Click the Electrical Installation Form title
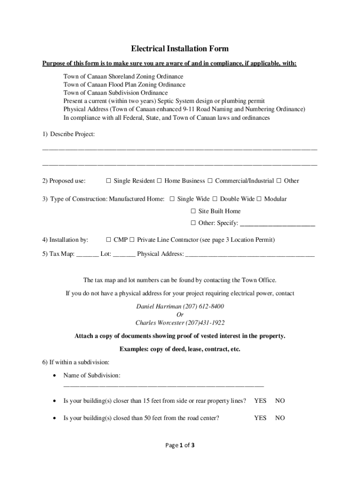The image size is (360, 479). click(180, 49)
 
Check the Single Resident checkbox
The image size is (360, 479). click(108, 181)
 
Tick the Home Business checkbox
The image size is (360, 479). click(159, 181)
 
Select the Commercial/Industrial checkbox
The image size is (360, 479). click(210, 181)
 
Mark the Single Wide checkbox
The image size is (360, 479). click(172, 199)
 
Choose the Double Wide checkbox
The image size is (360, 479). click(215, 199)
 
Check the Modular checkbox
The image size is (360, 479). click(259, 199)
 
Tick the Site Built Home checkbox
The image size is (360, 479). click(193, 211)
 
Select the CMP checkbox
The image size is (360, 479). click(108, 240)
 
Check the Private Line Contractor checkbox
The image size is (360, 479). click(132, 240)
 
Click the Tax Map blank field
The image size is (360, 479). click(87, 255)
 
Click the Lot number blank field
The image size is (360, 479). click(124, 255)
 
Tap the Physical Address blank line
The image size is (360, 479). click(250, 255)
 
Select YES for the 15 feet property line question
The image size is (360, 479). click(260, 401)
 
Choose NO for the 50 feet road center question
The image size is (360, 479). click(280, 418)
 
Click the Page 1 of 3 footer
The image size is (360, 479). click(180, 445)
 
